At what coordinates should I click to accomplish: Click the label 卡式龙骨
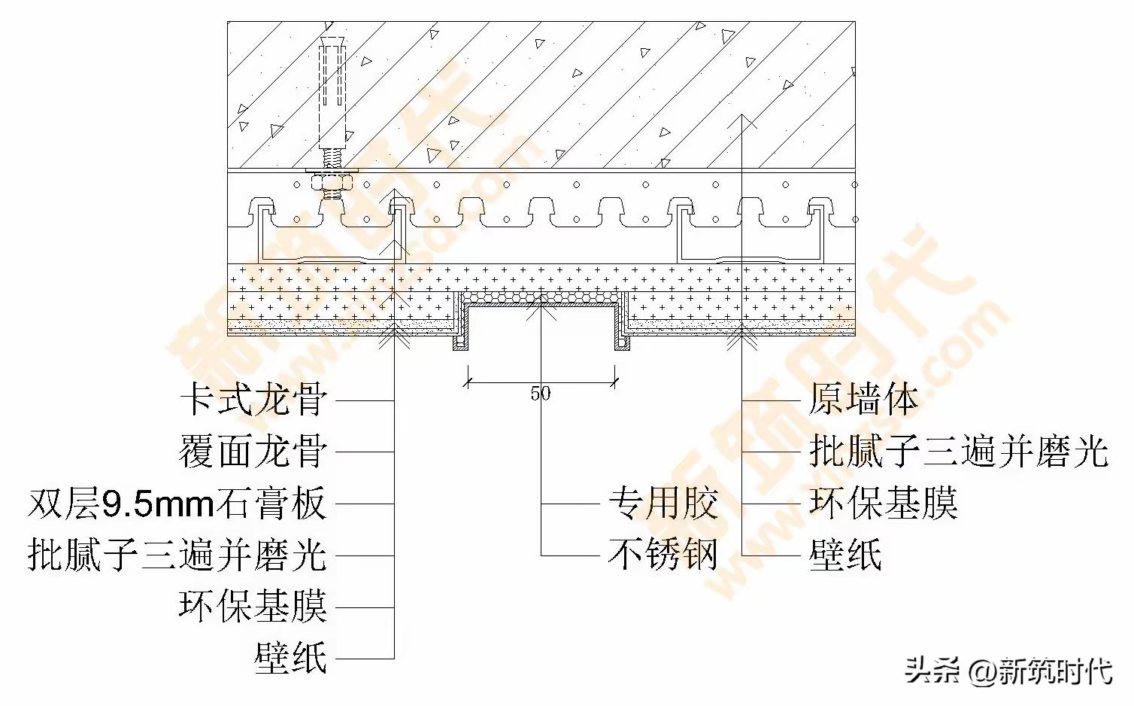(x=253, y=400)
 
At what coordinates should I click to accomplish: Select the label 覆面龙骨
(x=253, y=452)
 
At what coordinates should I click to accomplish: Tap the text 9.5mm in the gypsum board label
(x=158, y=504)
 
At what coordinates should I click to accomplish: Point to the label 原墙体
(x=863, y=400)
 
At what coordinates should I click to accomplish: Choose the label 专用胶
(x=663, y=504)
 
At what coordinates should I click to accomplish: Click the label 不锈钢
(x=663, y=555)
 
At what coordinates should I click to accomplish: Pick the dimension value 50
(x=540, y=394)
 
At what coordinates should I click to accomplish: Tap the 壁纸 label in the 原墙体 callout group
(x=845, y=555)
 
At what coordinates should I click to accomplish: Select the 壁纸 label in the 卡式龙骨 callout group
(x=291, y=658)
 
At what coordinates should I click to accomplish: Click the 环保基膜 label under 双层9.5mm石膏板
(x=253, y=606)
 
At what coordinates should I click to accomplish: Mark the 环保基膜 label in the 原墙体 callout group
(x=883, y=504)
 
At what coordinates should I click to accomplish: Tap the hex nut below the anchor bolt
(x=332, y=183)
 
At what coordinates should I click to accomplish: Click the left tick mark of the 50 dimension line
(x=468, y=382)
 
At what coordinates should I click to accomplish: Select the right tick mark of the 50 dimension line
(x=615, y=382)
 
